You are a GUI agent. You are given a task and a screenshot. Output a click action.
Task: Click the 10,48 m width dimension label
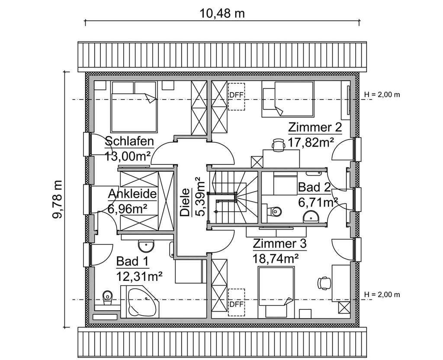[222, 13]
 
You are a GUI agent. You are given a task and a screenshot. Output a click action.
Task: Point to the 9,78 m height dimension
[58, 199]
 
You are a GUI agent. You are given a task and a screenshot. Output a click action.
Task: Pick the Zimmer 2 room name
[315, 128]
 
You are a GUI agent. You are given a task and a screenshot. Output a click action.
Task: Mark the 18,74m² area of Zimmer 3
[276, 259]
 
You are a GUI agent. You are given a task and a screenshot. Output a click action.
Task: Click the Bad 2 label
[315, 187]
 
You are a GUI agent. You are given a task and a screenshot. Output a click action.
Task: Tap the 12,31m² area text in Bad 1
[139, 275]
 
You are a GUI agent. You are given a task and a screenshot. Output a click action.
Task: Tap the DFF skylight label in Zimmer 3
[236, 304]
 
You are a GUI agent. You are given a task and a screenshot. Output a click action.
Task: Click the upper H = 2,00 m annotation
[382, 95]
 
